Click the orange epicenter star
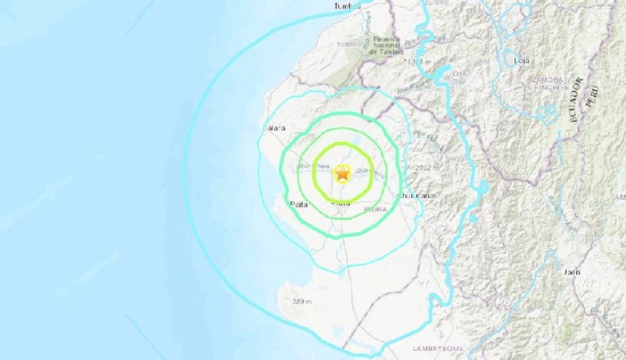tap(342, 174)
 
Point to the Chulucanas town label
tap(417, 195)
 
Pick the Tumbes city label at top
tap(347, 6)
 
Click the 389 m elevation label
tap(301, 301)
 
